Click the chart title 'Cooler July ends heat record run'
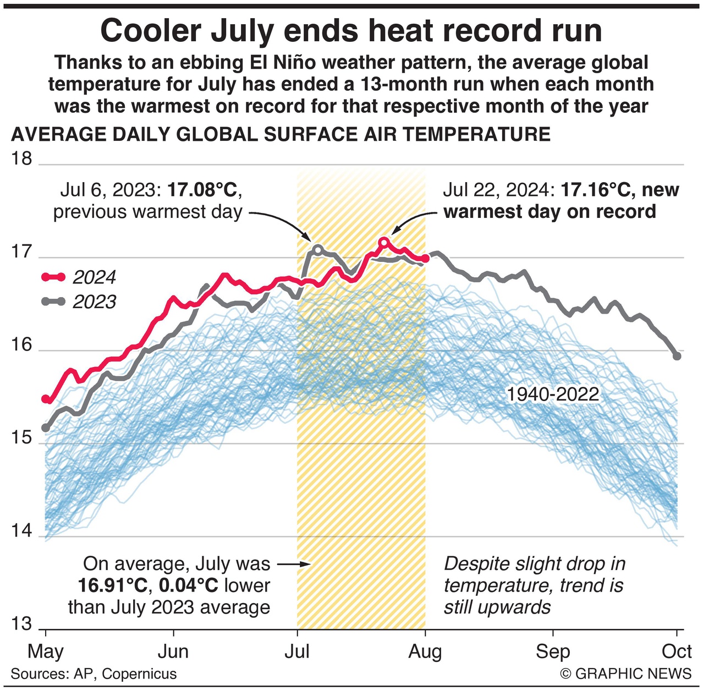[351, 31]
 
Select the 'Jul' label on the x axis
[297, 652]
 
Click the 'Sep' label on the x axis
[553, 652]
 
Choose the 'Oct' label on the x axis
[677, 652]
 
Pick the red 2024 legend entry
[80, 277]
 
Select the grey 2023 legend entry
[80, 302]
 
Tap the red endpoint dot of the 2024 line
[425, 258]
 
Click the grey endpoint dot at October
[677, 356]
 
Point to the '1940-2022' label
[552, 395]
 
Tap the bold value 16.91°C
[113, 585]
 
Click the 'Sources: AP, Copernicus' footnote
[94, 674]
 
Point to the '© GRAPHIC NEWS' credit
[626, 674]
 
